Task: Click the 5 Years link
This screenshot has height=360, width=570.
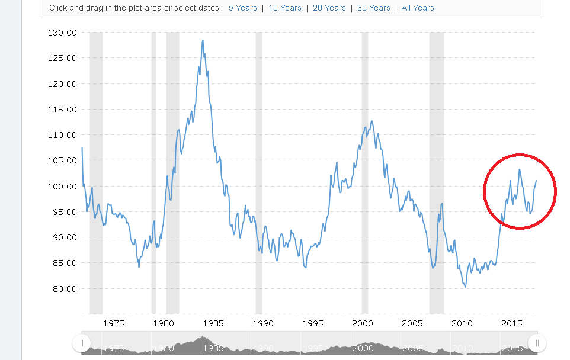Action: click(x=243, y=8)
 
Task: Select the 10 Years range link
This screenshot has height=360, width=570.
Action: click(x=285, y=8)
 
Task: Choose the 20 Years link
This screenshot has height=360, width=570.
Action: click(x=329, y=8)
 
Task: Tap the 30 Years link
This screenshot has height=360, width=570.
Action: click(x=374, y=8)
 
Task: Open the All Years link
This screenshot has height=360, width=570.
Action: click(x=418, y=8)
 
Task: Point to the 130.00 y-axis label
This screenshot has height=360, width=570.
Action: click(x=62, y=33)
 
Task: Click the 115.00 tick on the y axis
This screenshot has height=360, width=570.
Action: click(x=62, y=110)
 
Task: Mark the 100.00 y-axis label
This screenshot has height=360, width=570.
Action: click(x=62, y=187)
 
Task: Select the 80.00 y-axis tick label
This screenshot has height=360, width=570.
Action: click(x=62, y=289)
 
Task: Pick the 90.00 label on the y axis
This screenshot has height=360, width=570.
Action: click(x=62, y=237)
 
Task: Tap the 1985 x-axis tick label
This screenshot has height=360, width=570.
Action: click(x=213, y=323)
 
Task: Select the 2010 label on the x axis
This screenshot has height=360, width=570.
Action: click(x=462, y=323)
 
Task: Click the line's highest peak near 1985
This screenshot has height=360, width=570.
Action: click(x=203, y=40)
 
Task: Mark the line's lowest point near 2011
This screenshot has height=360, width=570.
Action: click(x=466, y=287)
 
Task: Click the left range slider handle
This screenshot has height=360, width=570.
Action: click(x=81, y=343)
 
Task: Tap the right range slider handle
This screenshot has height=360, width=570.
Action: click(x=537, y=343)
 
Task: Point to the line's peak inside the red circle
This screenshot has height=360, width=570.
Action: click(x=520, y=170)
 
